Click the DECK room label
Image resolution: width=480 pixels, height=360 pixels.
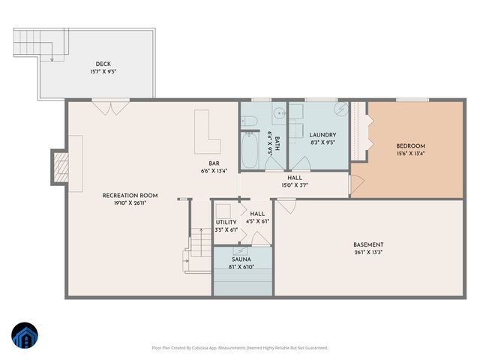(103, 64)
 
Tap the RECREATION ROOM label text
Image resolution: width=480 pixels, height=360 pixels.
(124, 196)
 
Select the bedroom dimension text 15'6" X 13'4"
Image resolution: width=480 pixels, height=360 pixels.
(410, 154)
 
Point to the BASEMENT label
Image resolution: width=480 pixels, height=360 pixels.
(368, 244)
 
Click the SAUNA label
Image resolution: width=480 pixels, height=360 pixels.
(241, 259)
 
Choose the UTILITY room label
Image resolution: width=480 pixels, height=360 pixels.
(226, 222)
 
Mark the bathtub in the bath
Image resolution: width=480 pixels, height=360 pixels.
(250, 150)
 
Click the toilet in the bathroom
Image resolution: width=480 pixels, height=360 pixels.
(250, 121)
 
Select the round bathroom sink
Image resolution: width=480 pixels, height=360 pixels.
(277, 115)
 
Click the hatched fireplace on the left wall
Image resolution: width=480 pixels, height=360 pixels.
(59, 166)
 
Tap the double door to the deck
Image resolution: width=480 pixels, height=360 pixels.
(109, 108)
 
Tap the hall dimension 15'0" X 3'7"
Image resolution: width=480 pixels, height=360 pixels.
(295, 185)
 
